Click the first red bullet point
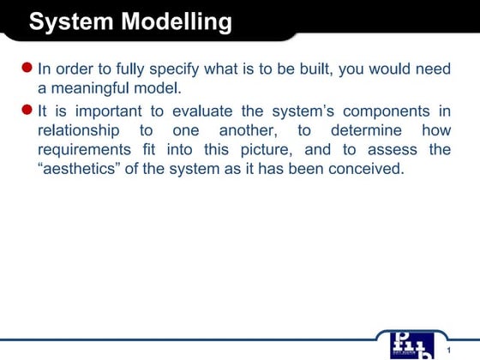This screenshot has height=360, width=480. coord(27,68)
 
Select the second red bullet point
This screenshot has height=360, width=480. coord(27,110)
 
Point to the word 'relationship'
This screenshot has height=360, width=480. coord(81,130)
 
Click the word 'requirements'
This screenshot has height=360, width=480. coord(87,150)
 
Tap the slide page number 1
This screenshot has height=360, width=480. coord(448,351)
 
